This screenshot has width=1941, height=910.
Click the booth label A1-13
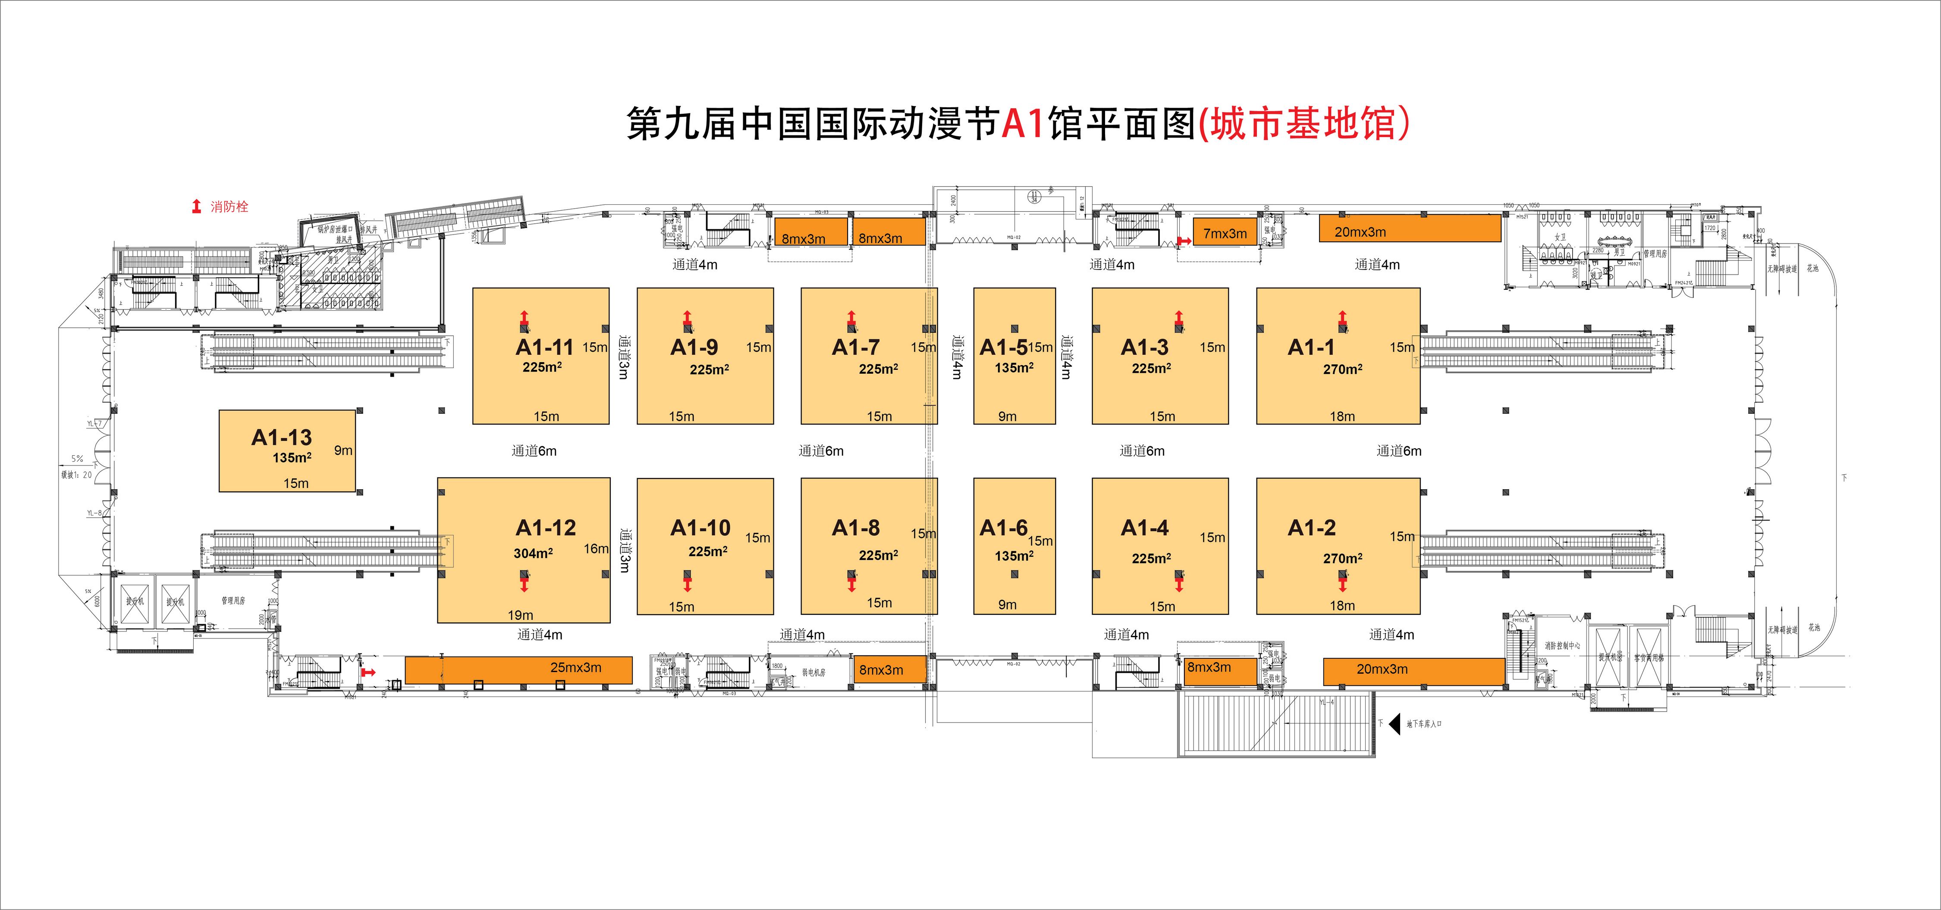[281, 437]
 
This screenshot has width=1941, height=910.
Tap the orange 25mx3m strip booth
[518, 669]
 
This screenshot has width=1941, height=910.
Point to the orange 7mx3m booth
[1225, 233]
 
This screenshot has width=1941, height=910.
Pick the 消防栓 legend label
[229, 206]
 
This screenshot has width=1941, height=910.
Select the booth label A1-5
[1003, 347]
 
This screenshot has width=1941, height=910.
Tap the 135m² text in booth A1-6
[1014, 556]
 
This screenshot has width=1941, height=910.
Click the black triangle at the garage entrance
[1394, 724]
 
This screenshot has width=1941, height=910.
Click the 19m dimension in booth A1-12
[520, 615]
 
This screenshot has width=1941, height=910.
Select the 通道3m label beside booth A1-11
[623, 356]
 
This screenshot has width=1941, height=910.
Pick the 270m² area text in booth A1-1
[1342, 369]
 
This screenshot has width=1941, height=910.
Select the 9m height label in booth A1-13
[343, 450]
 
